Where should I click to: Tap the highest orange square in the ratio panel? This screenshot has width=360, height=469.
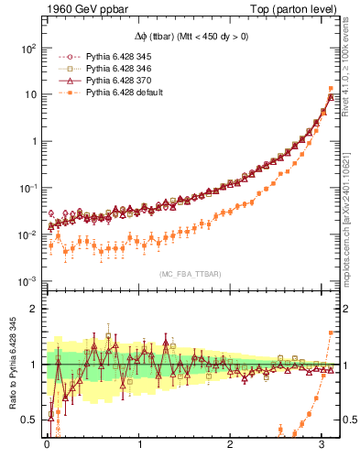pos(330,333)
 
